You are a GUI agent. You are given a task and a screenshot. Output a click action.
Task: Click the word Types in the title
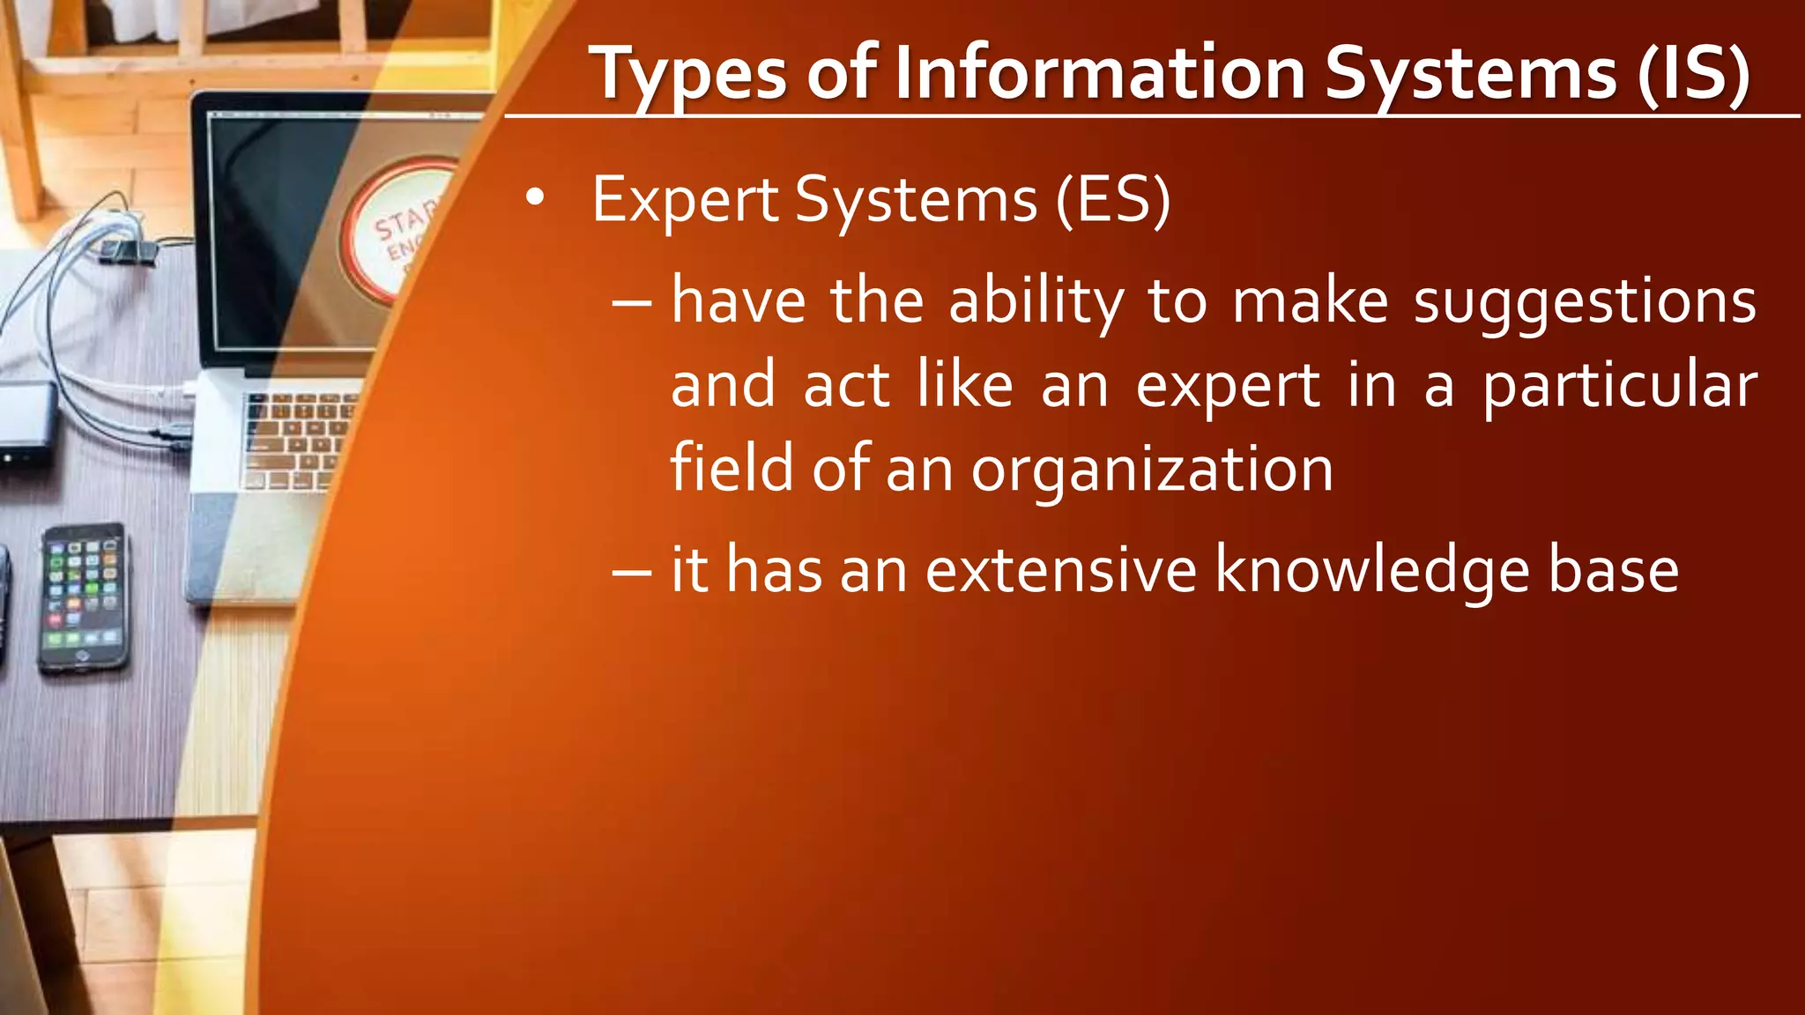tap(688, 76)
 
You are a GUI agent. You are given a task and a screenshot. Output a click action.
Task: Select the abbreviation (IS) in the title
tap(1693, 74)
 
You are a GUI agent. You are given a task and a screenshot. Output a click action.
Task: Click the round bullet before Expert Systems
tap(534, 200)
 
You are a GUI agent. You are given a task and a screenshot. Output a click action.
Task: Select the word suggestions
tap(1585, 302)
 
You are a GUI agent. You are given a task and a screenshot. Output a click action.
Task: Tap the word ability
tap(1036, 302)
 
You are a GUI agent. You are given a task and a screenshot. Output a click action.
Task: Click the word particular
tap(1619, 386)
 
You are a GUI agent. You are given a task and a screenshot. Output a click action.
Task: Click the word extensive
tap(1060, 570)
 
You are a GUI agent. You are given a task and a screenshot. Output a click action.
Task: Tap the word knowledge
tap(1371, 571)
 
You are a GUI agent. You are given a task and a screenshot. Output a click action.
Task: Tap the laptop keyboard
tap(295, 441)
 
